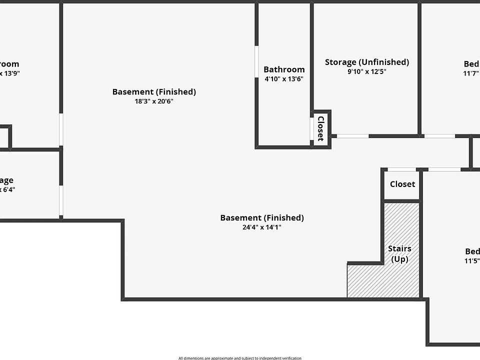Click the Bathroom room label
[284, 69]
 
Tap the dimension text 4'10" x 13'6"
[284, 79]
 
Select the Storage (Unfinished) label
[367, 62]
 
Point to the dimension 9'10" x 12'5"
[367, 71]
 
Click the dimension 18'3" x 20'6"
[154, 101]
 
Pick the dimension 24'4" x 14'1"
[262, 227]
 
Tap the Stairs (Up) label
[399, 253]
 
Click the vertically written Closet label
[321, 128]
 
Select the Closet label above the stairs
[402, 184]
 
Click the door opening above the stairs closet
[401, 169]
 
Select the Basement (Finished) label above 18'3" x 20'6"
[154, 91]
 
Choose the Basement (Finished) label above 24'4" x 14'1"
[262, 217]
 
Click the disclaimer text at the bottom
[240, 357]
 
